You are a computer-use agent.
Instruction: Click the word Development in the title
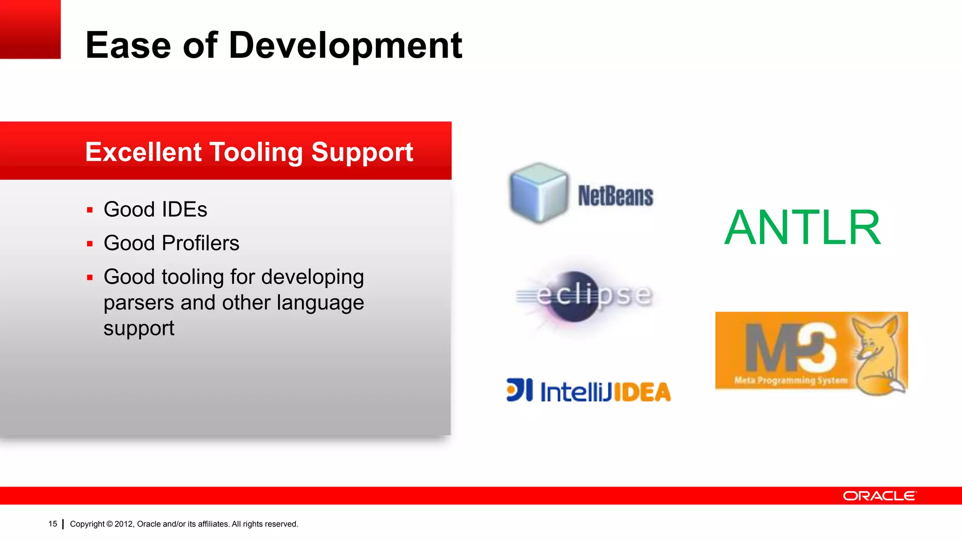click(345, 46)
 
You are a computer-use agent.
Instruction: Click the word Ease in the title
click(128, 46)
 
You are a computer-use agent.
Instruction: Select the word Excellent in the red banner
click(143, 152)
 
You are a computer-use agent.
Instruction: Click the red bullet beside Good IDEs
click(90, 210)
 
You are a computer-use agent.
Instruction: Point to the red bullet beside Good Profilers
click(90, 244)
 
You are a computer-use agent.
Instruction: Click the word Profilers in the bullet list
click(201, 243)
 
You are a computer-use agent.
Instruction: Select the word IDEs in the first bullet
click(185, 209)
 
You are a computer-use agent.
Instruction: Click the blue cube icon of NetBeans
click(539, 193)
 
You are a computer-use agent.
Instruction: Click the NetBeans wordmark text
click(615, 196)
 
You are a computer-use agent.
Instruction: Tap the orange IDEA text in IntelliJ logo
click(642, 392)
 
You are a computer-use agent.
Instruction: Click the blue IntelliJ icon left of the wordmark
click(520, 390)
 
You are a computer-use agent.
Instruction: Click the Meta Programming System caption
click(791, 380)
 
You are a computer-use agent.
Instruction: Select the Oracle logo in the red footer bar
click(879, 496)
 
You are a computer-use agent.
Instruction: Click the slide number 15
click(53, 524)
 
